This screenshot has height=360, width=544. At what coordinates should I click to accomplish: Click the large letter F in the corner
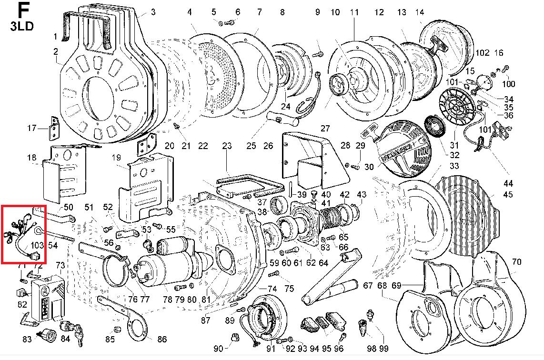coord(22,10)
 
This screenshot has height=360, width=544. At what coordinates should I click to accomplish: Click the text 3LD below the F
coord(22,26)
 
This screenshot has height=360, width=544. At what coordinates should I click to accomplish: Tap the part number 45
coord(508,194)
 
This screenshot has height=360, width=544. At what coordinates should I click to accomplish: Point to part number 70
coord(516,262)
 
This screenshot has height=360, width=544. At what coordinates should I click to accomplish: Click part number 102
coord(482,52)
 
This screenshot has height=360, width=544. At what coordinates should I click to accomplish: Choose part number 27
coord(325,129)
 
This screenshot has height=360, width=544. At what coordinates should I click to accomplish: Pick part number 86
coord(162,340)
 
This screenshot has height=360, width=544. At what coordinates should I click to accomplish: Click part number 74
coord(272,289)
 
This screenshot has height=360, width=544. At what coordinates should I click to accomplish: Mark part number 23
coord(227,145)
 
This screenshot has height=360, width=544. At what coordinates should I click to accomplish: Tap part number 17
coord(31,128)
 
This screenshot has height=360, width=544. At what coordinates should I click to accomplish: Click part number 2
coord(56,51)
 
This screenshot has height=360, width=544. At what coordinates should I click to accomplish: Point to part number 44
coord(508,183)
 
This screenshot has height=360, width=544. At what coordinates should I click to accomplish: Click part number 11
coord(354,12)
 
